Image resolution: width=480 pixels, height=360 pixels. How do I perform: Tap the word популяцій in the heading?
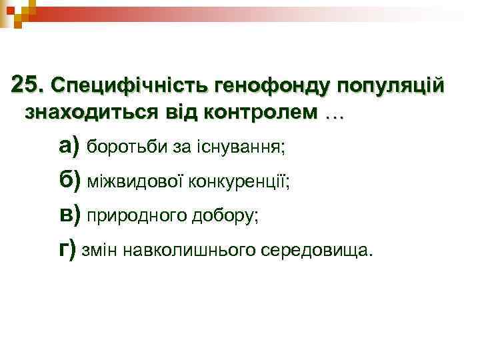[x=390, y=86]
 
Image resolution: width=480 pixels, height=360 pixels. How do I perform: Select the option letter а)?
[x=69, y=145]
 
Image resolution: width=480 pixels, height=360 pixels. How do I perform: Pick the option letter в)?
[x=69, y=215]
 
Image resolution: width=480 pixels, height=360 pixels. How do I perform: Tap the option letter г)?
[x=67, y=249]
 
